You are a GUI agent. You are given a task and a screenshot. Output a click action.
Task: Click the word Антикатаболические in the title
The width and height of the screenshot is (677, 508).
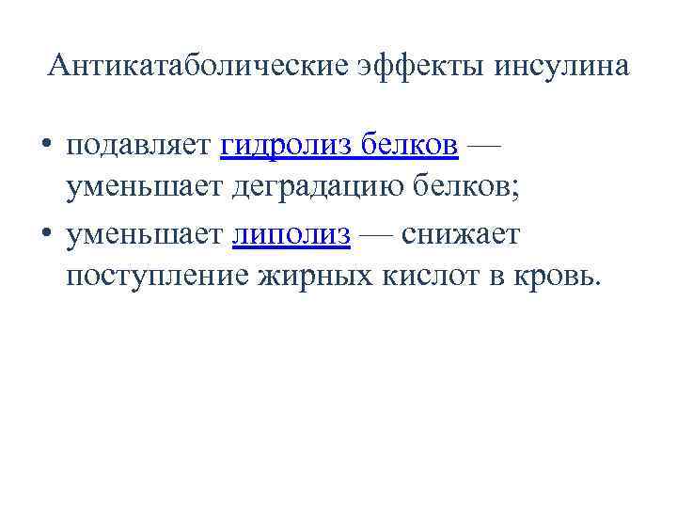tap(197, 66)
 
